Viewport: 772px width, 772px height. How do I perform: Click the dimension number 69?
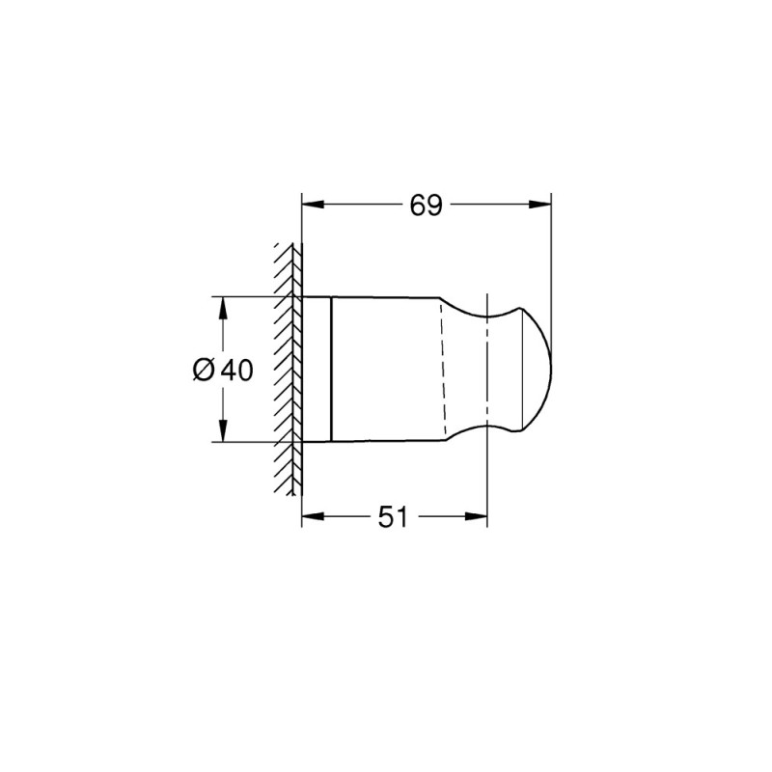click(x=426, y=205)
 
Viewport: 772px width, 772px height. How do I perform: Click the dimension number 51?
click(x=391, y=517)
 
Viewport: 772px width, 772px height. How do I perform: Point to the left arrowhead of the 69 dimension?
click(x=311, y=205)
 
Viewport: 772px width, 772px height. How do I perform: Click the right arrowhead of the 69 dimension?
click(x=542, y=205)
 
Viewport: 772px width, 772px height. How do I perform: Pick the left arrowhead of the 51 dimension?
click(x=311, y=517)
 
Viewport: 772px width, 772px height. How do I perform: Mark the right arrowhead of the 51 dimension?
click(x=479, y=517)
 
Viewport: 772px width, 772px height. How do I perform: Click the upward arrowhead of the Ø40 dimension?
click(x=223, y=305)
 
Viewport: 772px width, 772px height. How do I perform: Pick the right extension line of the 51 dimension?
click(x=487, y=482)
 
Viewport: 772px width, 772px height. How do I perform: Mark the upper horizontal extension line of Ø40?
click(x=251, y=296)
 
